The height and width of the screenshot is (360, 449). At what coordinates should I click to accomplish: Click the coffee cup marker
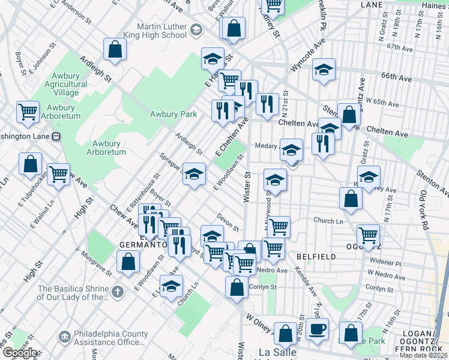317,329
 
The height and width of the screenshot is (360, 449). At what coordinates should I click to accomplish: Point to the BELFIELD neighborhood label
316,256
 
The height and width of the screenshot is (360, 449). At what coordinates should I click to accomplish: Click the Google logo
19,353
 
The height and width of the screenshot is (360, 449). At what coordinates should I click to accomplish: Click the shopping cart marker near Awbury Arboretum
28,112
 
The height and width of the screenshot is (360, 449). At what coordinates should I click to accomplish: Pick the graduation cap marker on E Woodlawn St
194,174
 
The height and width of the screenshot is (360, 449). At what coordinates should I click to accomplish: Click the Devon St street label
228,221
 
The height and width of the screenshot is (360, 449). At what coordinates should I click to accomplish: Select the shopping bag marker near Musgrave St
128,262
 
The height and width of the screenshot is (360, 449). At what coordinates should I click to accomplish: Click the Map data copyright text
424,355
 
